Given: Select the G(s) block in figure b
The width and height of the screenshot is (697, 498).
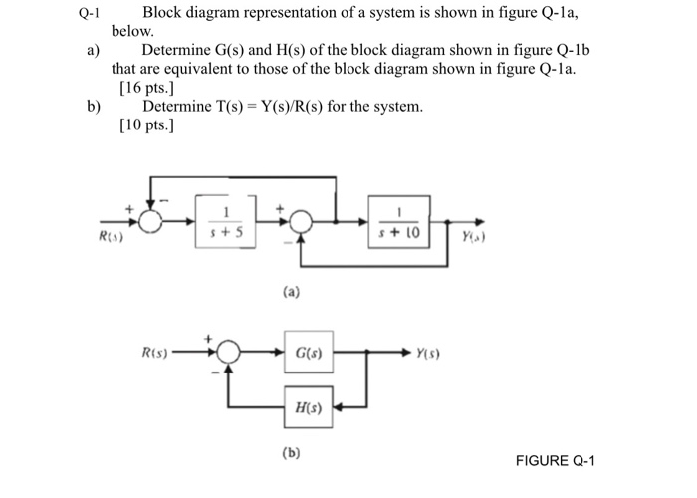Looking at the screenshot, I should point(309,352).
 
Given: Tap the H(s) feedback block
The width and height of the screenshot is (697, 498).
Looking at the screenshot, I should point(309,406).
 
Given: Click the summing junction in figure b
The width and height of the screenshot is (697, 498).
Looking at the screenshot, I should point(228,352).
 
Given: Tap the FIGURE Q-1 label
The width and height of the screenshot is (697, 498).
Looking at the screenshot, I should point(555,461).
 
